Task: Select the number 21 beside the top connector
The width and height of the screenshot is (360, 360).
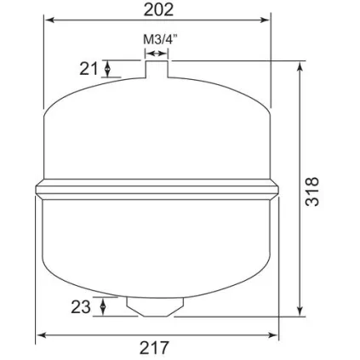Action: tap(89, 69)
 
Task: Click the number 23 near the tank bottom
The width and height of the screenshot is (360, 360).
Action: tap(81, 306)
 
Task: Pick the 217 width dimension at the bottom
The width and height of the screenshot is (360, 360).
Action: tap(157, 347)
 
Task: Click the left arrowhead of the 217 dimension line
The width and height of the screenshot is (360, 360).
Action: tap(40, 334)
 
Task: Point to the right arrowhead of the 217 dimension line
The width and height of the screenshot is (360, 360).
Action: tap(273, 334)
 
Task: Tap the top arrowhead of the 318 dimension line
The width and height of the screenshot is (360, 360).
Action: tap(299, 66)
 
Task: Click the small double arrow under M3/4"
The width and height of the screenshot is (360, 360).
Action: tap(157, 52)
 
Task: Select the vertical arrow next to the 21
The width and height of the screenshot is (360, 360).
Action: tap(107, 69)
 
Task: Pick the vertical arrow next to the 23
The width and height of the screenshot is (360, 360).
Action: tap(103, 306)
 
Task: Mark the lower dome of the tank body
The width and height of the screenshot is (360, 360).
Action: tap(157, 247)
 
